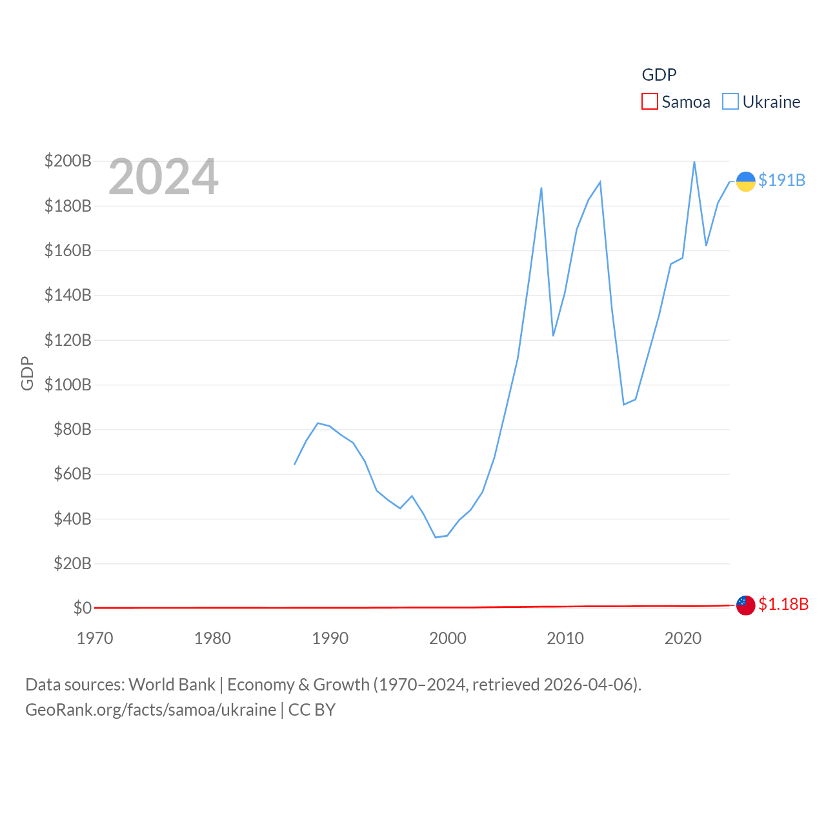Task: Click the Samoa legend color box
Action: [649, 102]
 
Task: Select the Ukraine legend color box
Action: [730, 102]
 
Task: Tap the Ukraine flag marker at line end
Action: [745, 181]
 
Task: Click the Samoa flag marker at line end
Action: [745, 605]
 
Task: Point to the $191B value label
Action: [781, 180]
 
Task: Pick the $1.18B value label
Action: [783, 604]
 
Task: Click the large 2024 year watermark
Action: [163, 177]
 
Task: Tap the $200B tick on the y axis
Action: [68, 161]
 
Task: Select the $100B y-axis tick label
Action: [68, 385]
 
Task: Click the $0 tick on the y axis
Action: [82, 608]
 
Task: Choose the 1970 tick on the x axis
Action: [95, 638]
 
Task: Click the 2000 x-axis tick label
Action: [447, 638]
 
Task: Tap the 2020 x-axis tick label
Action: [683, 638]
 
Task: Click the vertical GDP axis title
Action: [27, 373]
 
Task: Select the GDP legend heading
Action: [659, 75]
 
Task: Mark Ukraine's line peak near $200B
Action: [694, 162]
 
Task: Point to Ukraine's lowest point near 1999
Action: [436, 537]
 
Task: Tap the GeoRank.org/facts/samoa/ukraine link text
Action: [150, 710]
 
